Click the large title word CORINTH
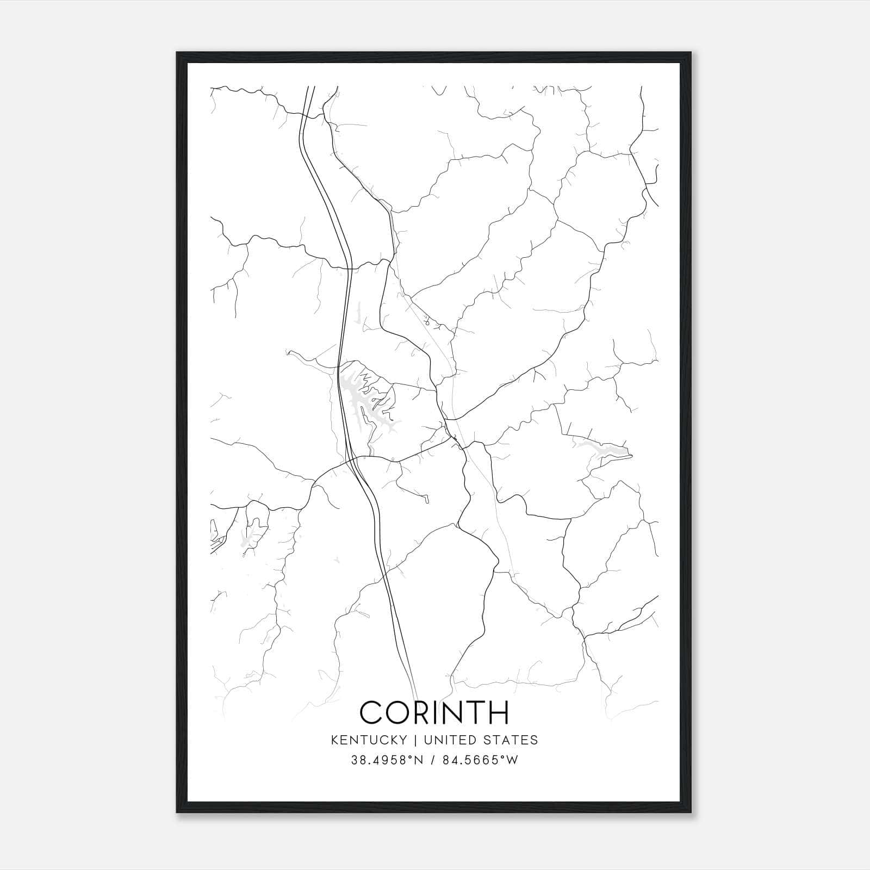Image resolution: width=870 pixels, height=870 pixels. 434,712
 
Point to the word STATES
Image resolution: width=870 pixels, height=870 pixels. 509,740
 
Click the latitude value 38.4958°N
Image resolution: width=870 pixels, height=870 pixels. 387,760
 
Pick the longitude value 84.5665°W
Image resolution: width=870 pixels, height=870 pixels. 481,760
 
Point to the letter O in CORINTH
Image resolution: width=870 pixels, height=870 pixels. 401,712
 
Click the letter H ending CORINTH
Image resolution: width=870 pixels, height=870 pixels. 498,712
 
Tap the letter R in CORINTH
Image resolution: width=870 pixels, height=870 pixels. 427,712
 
